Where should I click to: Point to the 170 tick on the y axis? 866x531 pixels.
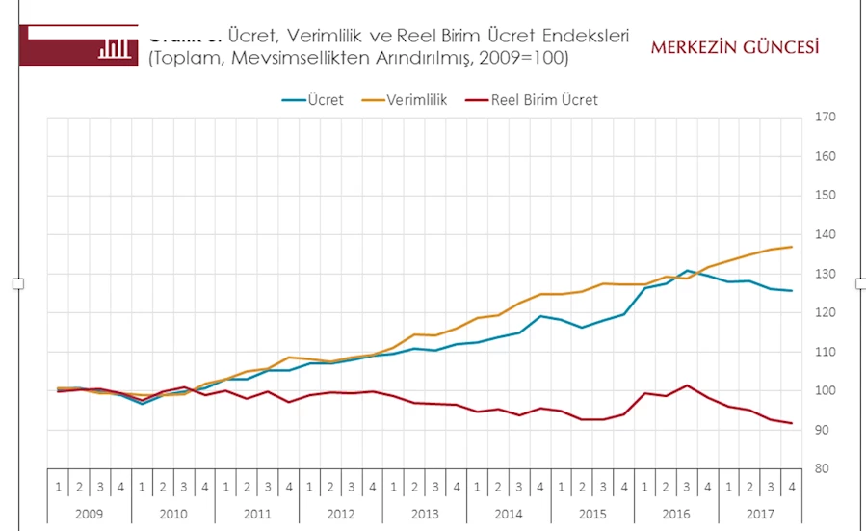[825, 117]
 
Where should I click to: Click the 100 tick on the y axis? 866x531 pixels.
[825, 390]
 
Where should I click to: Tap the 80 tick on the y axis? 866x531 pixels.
[822, 469]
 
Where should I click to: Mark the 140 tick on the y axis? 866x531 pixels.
[825, 234]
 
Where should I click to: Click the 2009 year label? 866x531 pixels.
[90, 513]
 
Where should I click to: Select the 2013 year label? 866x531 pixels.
[424, 513]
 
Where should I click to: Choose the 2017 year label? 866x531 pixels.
[759, 513]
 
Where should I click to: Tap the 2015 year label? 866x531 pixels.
[591, 513]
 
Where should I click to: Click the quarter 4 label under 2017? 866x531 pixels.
[791, 487]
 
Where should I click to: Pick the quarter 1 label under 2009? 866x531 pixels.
[58, 487]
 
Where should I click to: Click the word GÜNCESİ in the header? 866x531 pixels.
[777, 47]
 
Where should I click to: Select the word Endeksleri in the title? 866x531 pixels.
[585, 36]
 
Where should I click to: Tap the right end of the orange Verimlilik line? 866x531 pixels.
[792, 247]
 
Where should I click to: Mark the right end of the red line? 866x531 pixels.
[792, 423]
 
